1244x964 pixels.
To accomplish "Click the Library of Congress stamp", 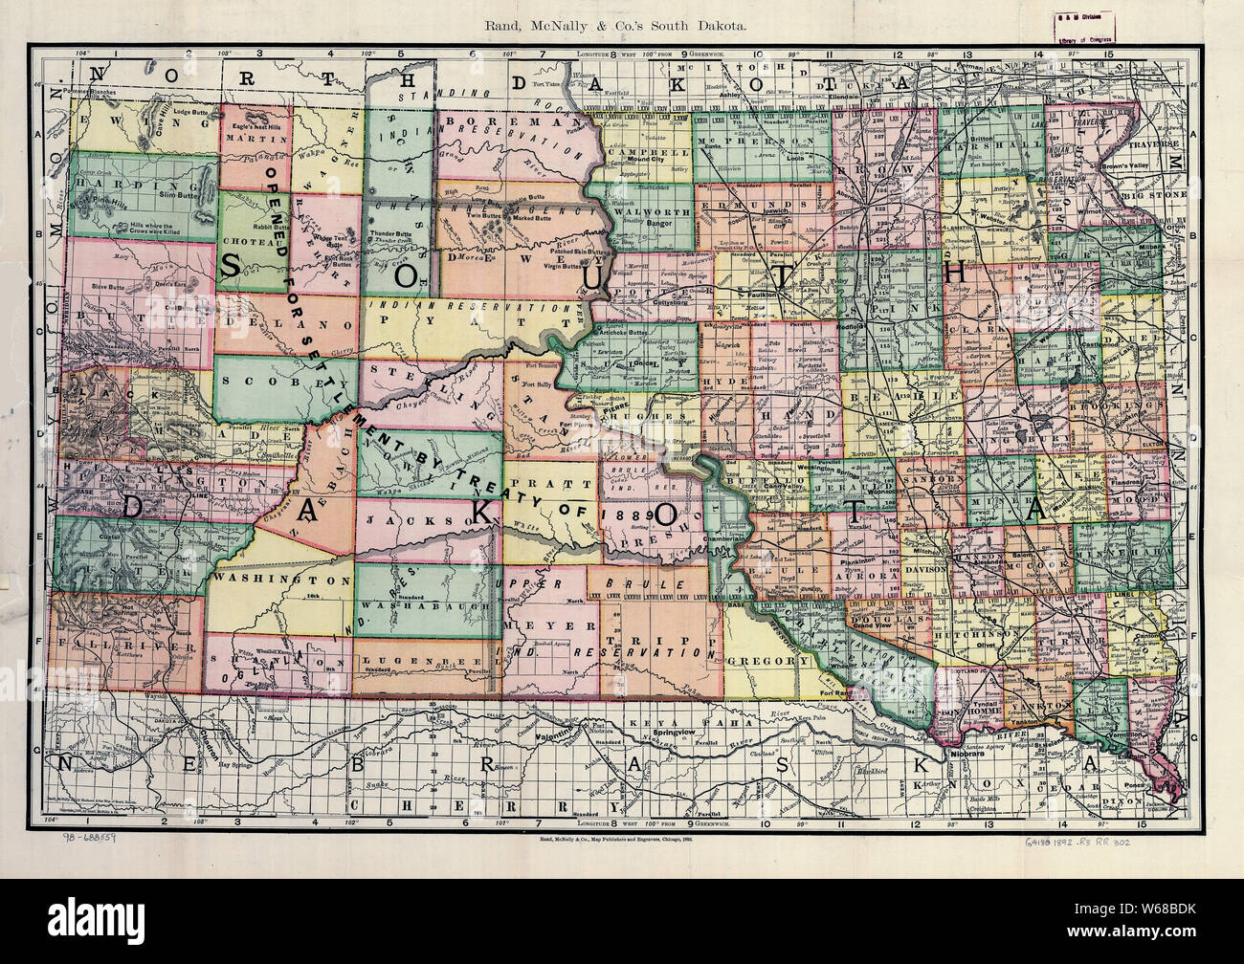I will pyautogui.click(x=1099, y=29).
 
